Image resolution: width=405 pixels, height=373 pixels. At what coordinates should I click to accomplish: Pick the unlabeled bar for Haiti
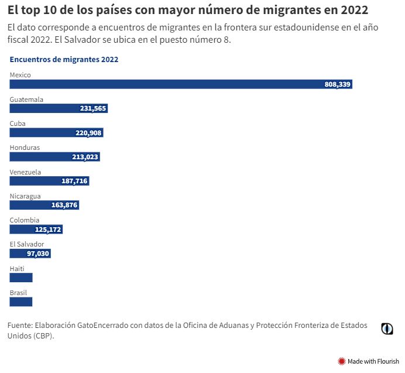[21, 278]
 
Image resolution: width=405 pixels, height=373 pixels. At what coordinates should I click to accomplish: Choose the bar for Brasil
[21, 302]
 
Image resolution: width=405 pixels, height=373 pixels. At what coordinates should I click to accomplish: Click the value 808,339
[337, 84]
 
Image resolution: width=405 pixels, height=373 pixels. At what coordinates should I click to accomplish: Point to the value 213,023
[84, 157]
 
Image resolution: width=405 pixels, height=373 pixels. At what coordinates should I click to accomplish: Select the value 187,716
[74, 181]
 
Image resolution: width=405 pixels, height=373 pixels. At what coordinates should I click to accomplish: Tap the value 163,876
[65, 205]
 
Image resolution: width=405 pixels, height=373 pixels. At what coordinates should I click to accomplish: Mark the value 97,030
[38, 254]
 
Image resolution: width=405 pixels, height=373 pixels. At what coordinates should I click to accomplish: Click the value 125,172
[48, 230]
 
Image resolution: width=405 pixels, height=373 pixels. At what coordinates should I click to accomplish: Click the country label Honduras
[25, 148]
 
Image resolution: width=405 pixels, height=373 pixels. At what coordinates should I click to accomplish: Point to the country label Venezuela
[25, 172]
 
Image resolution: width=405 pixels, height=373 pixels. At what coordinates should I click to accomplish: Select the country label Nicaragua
[25, 196]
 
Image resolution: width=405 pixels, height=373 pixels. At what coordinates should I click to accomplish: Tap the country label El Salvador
[26, 244]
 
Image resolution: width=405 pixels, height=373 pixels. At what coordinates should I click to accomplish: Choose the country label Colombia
[25, 220]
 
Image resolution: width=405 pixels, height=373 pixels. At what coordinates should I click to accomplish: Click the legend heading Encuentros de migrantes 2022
[64, 60]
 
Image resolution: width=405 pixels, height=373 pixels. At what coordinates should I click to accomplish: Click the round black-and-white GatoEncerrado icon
[387, 328]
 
